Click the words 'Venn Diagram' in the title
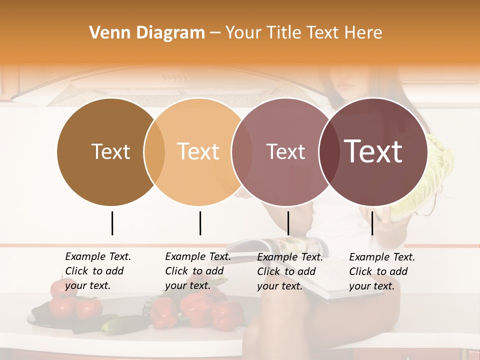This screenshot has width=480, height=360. [x=147, y=33]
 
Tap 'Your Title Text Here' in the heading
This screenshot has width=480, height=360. [x=303, y=33]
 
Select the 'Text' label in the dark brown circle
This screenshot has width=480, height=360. [x=110, y=151]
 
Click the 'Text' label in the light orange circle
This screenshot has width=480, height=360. [x=198, y=151]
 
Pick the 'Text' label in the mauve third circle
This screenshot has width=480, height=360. [x=285, y=151]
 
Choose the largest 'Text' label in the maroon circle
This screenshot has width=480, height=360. [x=373, y=151]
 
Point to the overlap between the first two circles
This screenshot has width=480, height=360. [x=154, y=151]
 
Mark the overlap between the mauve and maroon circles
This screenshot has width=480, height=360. [x=328, y=151]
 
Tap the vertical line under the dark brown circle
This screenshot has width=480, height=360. [x=112, y=223]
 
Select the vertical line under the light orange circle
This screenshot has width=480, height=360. [x=200, y=223]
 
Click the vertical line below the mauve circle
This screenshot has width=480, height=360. [x=288, y=223]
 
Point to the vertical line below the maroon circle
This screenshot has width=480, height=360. [x=372, y=223]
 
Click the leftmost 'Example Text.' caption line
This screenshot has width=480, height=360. [x=98, y=256]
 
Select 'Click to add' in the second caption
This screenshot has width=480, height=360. [x=194, y=271]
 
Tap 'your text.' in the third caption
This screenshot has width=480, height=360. [x=279, y=286]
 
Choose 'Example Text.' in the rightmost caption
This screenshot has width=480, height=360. [x=382, y=257]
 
